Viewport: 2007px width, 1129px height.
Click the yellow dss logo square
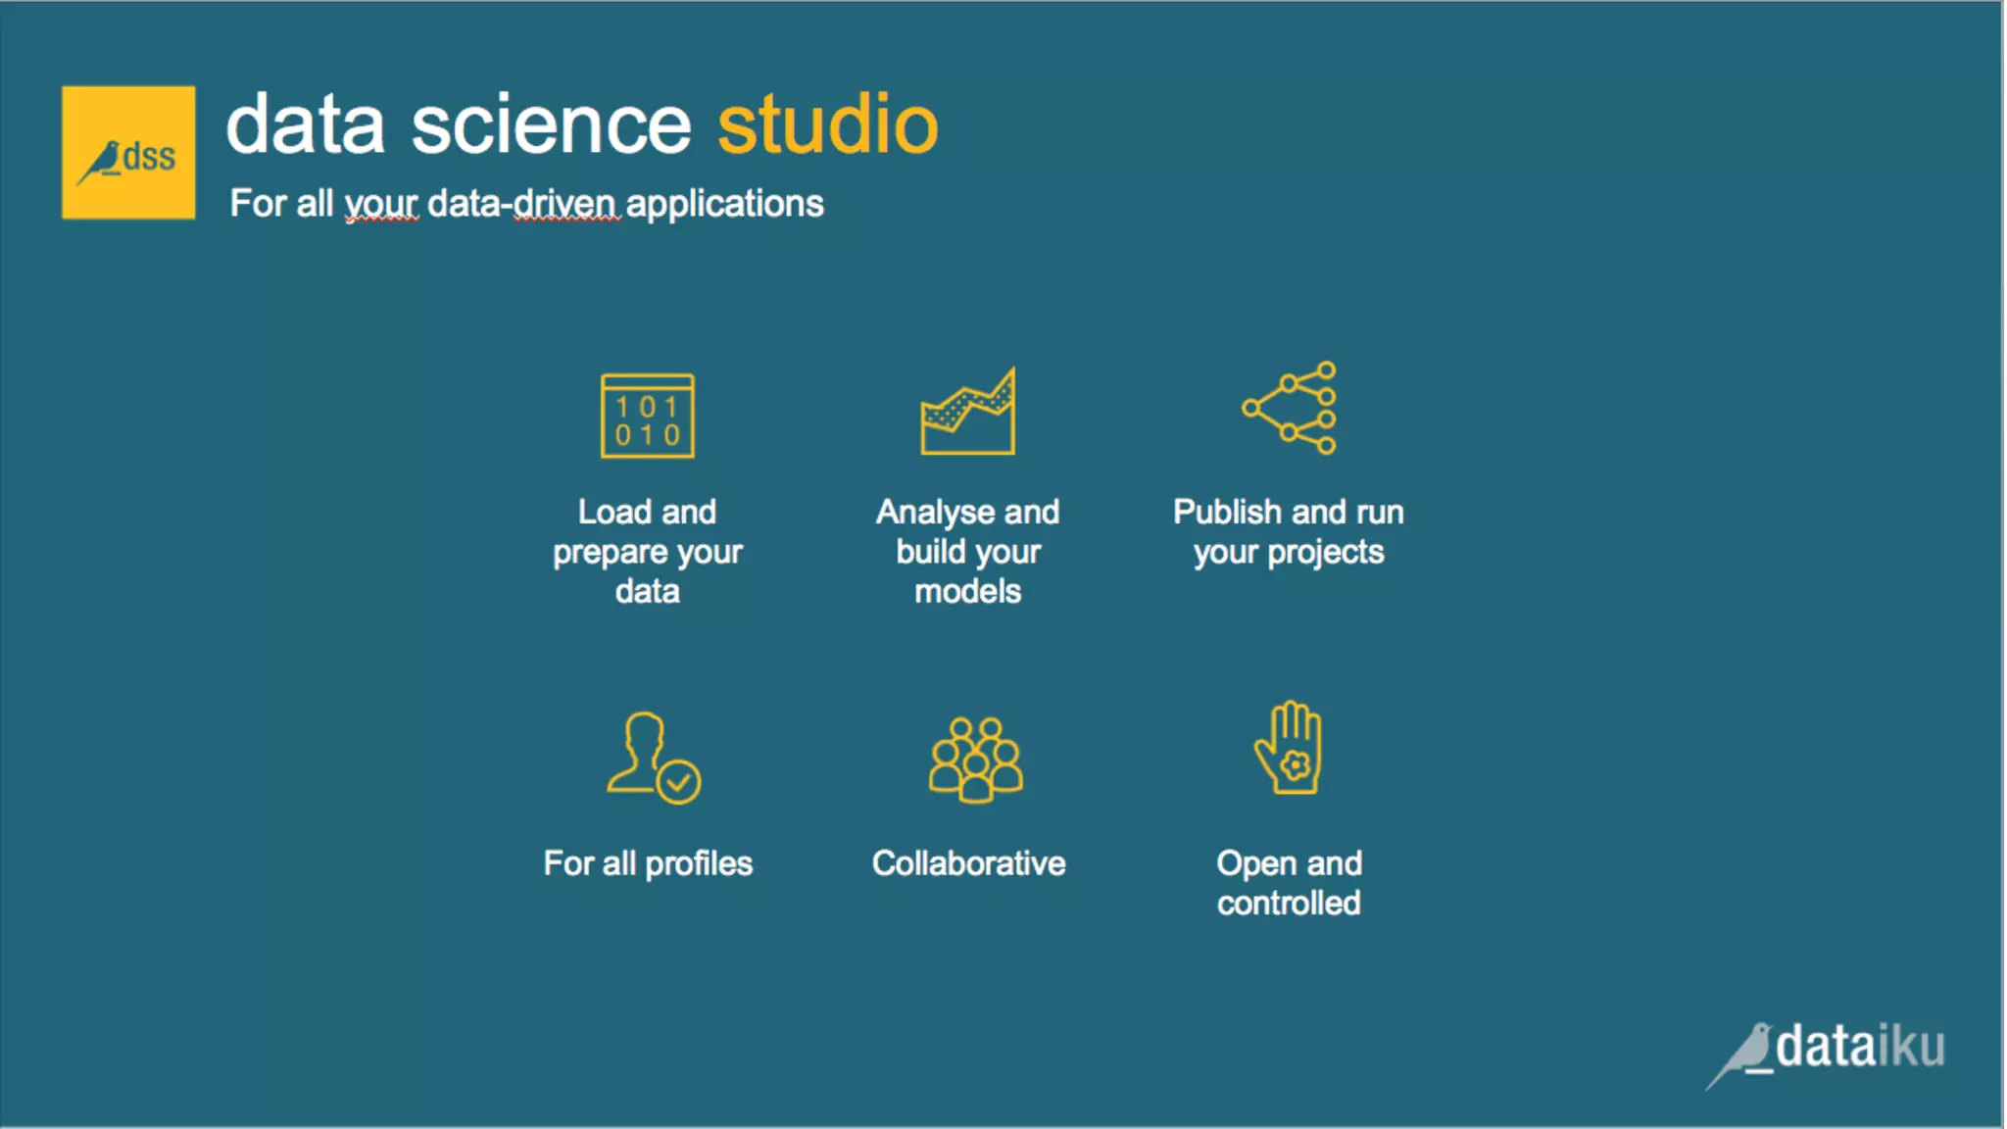(x=128, y=153)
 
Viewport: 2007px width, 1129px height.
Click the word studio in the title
(x=828, y=124)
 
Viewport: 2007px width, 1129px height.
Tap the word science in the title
(x=552, y=125)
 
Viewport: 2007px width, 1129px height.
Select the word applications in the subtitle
(x=724, y=204)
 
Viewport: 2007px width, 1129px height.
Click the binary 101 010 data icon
(x=648, y=417)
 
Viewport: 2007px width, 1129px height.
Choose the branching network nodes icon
(x=1290, y=408)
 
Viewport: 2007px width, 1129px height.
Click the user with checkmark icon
(x=653, y=758)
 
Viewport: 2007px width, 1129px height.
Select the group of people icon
(x=975, y=760)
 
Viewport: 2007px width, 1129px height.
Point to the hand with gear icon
(x=1290, y=748)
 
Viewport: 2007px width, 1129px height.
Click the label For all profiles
(x=648, y=863)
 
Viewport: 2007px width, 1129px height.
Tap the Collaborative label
(x=968, y=863)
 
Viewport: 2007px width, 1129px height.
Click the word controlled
(x=1289, y=903)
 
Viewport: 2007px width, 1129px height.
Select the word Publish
(x=1227, y=512)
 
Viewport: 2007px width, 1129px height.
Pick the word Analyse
(x=935, y=513)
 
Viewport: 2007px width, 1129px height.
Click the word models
(x=968, y=591)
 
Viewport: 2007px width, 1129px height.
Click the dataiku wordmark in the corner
(x=1860, y=1047)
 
